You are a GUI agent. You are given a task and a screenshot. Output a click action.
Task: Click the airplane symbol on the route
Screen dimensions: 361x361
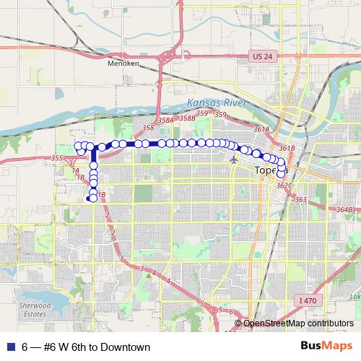click(232, 157)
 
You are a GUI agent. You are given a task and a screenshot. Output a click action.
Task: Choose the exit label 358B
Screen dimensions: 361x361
click(186, 118)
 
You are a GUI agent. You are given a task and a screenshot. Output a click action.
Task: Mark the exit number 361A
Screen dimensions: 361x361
click(261, 130)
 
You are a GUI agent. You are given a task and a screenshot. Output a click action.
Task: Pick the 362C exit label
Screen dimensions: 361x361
click(283, 186)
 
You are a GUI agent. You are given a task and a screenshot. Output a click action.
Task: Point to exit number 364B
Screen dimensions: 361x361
click(344, 209)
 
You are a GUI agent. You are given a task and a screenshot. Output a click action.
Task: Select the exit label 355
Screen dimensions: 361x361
click(58, 158)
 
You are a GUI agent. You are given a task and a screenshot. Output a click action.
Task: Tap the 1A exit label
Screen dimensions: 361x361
click(75, 170)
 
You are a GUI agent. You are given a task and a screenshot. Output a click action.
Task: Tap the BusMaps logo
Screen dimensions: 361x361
click(330, 346)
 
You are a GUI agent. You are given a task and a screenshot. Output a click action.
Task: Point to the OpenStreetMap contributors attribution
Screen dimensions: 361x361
click(297, 324)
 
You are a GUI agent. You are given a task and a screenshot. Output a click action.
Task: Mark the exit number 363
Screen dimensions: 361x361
click(301, 199)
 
